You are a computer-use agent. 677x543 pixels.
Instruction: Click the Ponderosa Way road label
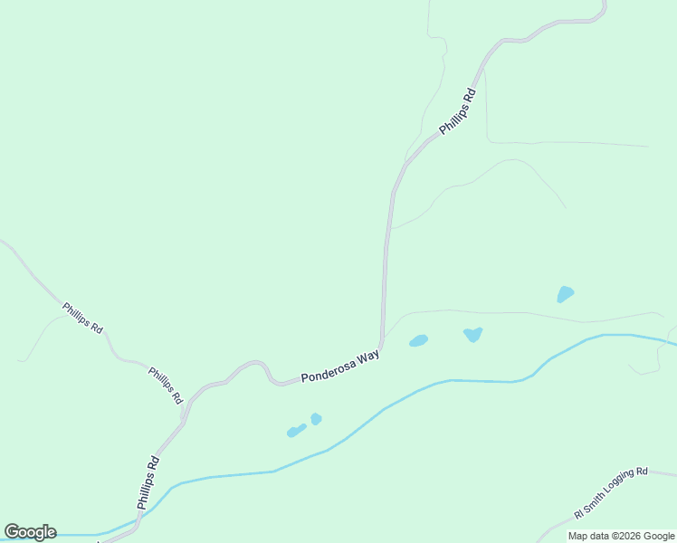point(339,367)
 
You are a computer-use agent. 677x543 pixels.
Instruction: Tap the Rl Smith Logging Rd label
point(611,493)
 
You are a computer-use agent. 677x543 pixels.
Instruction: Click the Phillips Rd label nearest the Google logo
point(148,481)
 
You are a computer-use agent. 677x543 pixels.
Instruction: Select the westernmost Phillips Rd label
point(82,318)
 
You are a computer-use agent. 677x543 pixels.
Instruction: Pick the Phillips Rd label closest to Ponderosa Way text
point(166,386)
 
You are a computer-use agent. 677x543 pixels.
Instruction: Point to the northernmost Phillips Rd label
point(457,111)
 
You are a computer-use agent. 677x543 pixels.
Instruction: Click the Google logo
point(30,532)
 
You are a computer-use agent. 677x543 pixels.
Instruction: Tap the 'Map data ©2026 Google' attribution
point(622,536)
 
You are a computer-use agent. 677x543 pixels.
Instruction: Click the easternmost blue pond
point(565,294)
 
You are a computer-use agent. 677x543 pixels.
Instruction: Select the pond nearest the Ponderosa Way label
point(418,341)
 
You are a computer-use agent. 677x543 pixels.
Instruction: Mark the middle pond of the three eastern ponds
point(472,334)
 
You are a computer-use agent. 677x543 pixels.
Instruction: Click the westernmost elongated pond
point(296,431)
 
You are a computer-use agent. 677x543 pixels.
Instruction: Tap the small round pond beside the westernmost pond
point(316,418)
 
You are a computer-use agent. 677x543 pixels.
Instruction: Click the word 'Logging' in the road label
point(617,490)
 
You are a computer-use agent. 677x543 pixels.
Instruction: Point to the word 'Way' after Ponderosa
point(367,358)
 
